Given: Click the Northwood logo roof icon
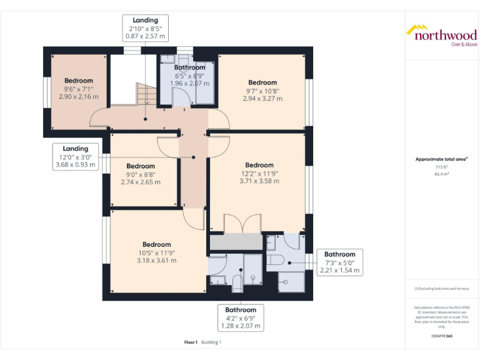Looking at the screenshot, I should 417,29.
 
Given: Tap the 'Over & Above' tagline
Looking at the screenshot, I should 464,44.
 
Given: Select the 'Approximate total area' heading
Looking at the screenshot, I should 441,159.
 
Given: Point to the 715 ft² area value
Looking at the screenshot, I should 441,167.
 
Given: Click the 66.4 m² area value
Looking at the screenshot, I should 441,174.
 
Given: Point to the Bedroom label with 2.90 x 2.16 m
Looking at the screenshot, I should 79,88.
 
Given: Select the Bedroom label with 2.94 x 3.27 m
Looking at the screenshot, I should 262,90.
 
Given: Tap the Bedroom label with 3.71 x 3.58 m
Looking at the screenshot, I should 259,172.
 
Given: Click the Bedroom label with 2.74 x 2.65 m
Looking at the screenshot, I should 141,174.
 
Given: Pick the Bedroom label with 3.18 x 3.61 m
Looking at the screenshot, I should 156,252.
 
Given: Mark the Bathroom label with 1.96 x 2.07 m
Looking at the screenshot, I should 189,75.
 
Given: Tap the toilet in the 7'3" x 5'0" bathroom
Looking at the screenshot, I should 276,259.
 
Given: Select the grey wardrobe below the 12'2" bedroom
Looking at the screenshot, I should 236,241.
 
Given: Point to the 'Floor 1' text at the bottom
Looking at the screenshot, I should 191,342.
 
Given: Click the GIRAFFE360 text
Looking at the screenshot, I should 441,336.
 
